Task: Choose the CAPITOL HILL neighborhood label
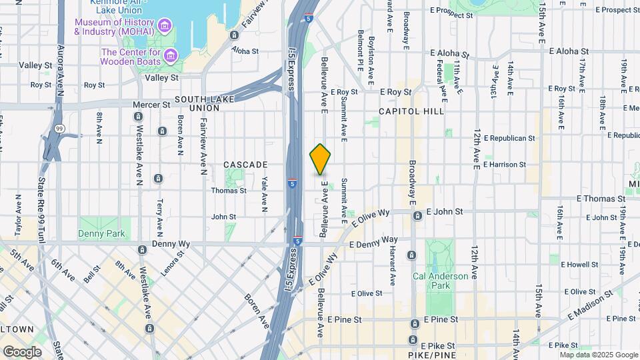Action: click(411, 111)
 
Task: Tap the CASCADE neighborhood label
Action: click(245, 164)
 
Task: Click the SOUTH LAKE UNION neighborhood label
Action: click(197, 103)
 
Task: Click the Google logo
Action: click(21, 352)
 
